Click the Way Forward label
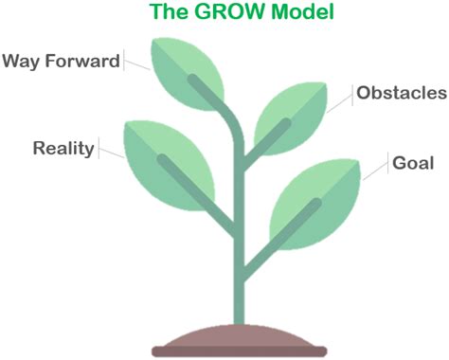[x=61, y=62]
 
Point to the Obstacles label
[x=401, y=93]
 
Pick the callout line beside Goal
[x=377, y=169]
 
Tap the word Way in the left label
[x=20, y=62]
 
